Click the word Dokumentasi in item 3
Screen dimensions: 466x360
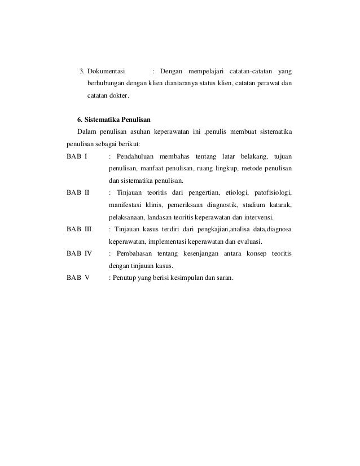pos(109,72)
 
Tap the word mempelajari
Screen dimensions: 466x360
pos(204,72)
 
